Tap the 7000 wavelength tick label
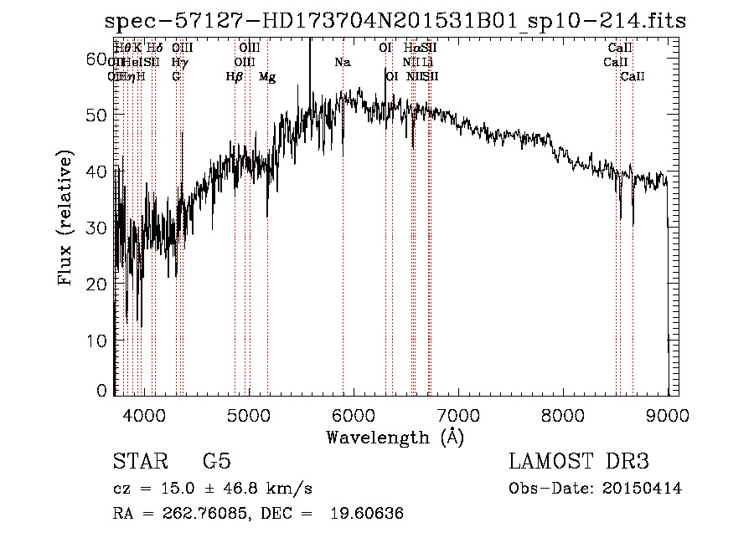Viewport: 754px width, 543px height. click(x=458, y=414)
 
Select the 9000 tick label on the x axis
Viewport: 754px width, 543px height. click(x=668, y=414)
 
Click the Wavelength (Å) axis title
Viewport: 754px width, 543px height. click(x=395, y=437)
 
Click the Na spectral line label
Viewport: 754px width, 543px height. click(x=342, y=63)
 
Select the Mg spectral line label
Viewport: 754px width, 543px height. click(x=267, y=77)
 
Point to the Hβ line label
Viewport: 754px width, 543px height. click(x=235, y=77)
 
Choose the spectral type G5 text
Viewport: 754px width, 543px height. click(x=217, y=462)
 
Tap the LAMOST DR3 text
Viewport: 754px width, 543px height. click(x=579, y=462)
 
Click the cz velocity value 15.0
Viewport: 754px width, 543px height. click(x=166, y=489)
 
